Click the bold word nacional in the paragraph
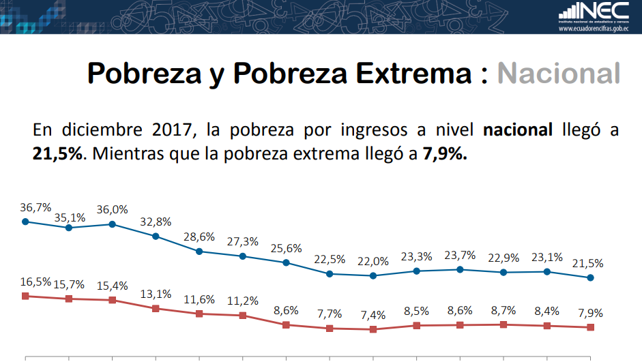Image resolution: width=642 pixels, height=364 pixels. tap(518, 130)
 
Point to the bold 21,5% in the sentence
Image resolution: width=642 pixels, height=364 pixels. tap(57, 154)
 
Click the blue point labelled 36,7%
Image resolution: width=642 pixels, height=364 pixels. tap(25, 221)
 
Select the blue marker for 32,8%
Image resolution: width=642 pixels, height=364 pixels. tap(156, 237)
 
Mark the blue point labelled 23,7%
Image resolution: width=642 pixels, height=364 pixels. tap(460, 269)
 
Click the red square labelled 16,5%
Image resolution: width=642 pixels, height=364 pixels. tap(25, 296)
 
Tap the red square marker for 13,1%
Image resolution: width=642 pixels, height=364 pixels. tap(156, 308)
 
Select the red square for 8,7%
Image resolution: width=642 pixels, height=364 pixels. tap(504, 324)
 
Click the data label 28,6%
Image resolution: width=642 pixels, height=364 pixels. tap(199, 237)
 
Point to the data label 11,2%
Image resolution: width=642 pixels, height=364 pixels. tap(243, 301)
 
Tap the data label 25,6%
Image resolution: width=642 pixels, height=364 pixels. tap(287, 248)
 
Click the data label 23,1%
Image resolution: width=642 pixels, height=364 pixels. tap(547, 258)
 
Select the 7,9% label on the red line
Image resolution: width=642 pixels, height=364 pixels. tap(591, 313)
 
